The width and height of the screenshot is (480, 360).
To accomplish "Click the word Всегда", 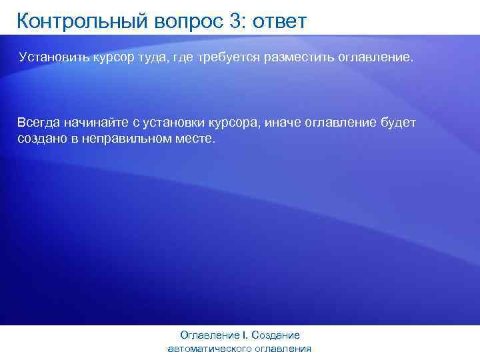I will coord(37,123).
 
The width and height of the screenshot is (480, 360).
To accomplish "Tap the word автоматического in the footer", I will coord(211,349).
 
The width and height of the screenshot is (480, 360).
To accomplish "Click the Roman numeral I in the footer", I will coord(245,335).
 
